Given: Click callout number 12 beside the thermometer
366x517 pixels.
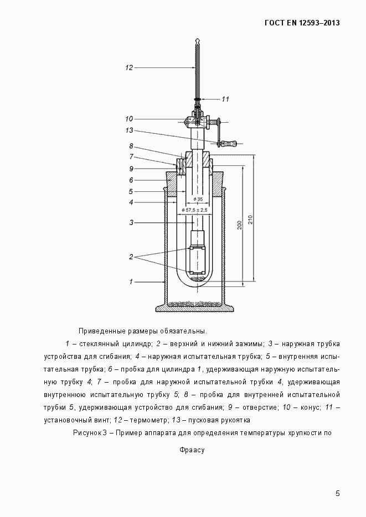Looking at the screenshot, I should (129, 67).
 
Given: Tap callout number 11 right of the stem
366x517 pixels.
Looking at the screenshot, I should (225, 99).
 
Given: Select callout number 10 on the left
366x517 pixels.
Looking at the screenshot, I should (129, 118).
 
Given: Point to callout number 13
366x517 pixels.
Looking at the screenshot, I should (129, 130).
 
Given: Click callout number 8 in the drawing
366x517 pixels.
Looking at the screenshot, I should (131, 146).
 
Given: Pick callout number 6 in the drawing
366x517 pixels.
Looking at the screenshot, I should (131, 180).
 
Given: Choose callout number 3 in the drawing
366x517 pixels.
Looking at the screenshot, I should (131, 222).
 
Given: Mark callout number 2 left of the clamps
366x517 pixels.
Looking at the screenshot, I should (131, 257).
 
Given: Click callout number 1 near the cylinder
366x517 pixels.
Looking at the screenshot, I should (131, 281).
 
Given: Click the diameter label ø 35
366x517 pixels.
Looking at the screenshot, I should (198, 199).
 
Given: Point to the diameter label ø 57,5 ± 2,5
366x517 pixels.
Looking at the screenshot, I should (194, 210).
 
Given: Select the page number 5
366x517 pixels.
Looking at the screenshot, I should (338, 493).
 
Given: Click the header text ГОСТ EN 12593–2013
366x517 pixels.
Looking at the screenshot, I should (302, 23).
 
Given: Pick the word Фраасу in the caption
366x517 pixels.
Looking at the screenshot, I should (192, 450).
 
